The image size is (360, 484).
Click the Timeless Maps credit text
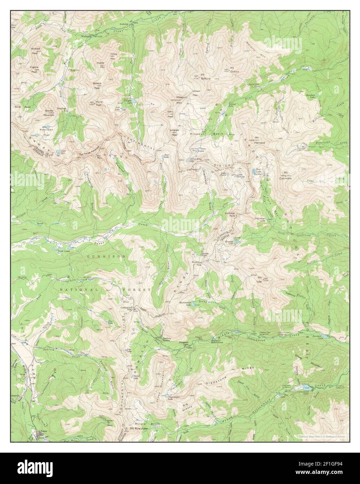pos(322,436)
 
